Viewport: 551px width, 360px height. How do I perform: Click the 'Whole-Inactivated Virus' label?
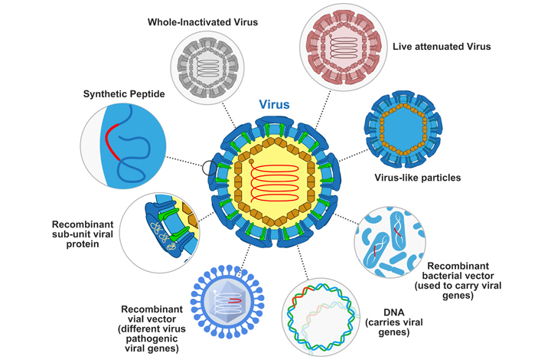(203, 22)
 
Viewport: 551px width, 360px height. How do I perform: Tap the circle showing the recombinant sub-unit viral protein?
(159, 232)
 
